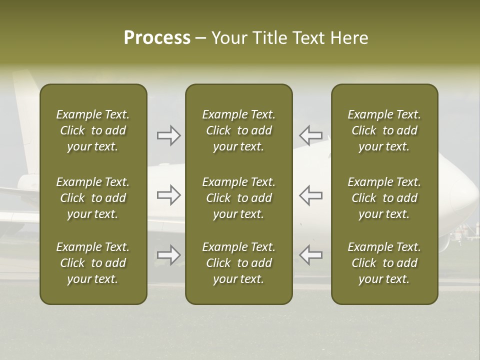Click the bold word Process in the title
coord(157,38)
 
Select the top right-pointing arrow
coord(168,135)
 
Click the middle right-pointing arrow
coord(168,195)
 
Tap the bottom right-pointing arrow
coord(168,255)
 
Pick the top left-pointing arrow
coord(310,135)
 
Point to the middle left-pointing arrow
coord(310,195)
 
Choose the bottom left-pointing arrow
coord(310,255)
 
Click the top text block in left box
coord(93,130)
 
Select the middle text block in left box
coord(93,198)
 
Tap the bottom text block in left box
coord(93,263)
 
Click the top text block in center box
coord(239,130)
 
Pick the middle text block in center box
coord(239,198)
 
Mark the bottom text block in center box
coord(239,263)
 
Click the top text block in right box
coord(384,130)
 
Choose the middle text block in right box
coord(384,198)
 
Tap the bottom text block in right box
coord(384,263)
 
